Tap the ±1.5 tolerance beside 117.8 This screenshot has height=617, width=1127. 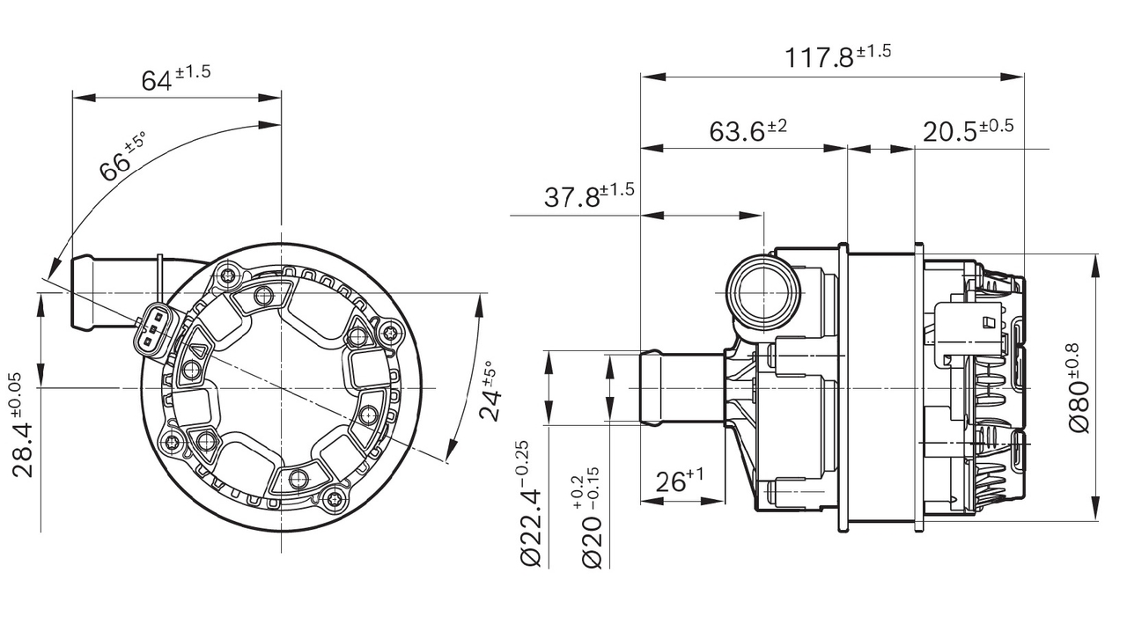click(873, 51)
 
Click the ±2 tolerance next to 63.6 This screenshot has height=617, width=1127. click(777, 127)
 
